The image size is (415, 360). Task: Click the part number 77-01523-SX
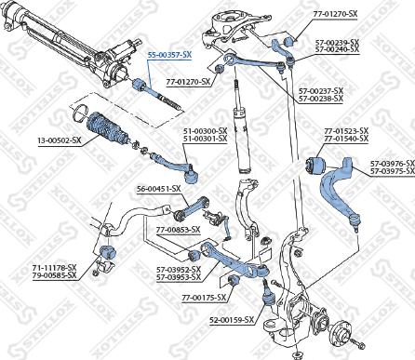346,131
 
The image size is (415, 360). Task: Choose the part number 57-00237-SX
321,90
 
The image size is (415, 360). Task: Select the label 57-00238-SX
321,99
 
